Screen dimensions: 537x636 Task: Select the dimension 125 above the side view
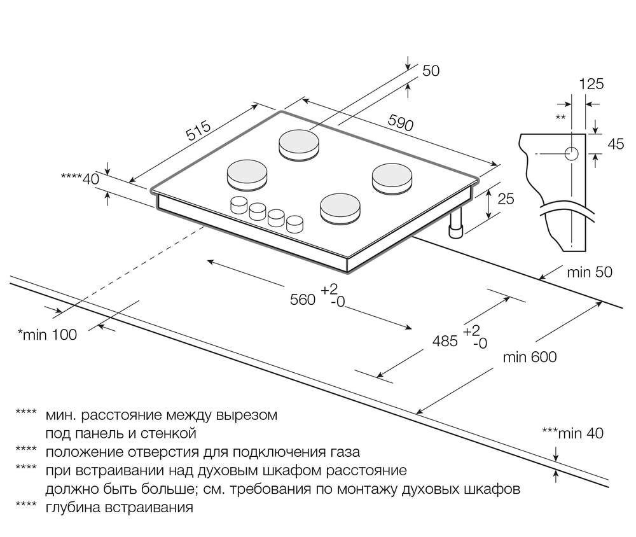tap(591, 83)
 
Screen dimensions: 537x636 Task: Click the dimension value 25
tap(505, 199)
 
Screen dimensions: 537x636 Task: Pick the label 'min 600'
tap(529, 357)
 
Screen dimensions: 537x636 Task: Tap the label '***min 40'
tap(572, 434)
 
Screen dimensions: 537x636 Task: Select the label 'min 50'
tap(590, 272)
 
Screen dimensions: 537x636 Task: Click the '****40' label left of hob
tap(80, 179)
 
